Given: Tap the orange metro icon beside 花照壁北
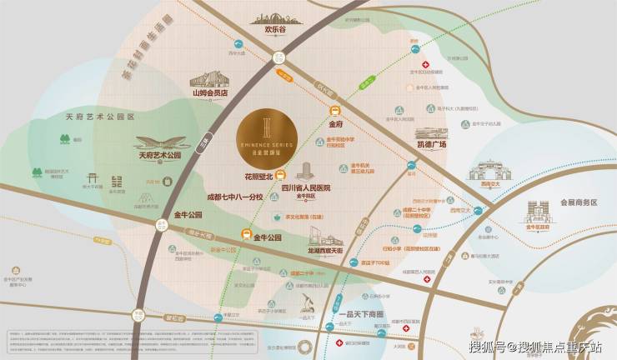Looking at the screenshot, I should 281,175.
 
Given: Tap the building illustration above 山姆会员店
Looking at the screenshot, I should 209,78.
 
